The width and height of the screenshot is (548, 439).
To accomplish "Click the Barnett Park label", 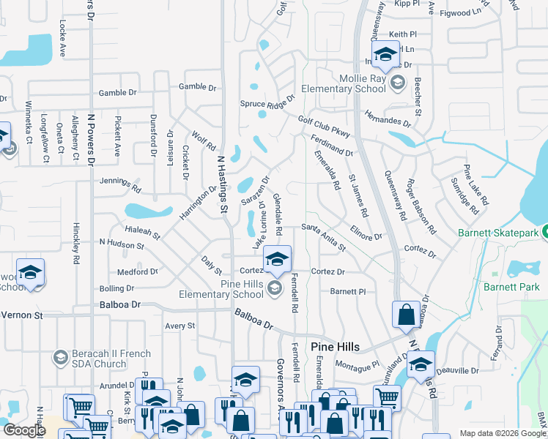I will (511, 286).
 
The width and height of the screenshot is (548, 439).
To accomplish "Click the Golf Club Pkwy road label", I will (323, 126).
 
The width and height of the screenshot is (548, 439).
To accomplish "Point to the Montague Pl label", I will (357, 364).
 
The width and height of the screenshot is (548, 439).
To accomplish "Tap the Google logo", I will (24, 430).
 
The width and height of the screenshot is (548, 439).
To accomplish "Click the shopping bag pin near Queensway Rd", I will (406, 315).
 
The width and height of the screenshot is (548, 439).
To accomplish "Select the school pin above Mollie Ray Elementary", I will (385, 54).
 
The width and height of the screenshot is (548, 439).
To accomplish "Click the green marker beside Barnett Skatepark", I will (546, 233).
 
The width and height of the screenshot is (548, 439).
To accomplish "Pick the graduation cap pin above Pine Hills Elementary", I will (276, 259).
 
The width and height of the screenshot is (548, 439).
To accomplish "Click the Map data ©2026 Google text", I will (502, 433).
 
